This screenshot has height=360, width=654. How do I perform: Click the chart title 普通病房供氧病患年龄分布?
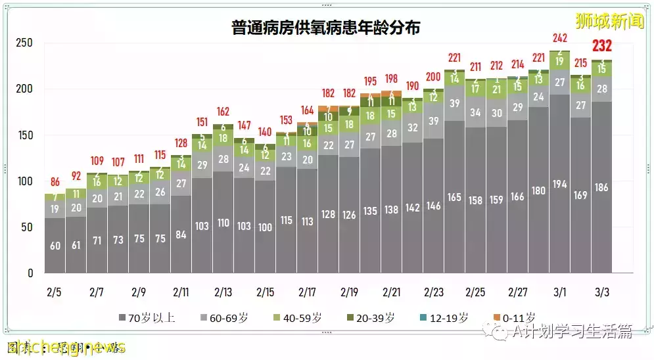point(327,28)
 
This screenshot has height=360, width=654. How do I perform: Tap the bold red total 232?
point(602,46)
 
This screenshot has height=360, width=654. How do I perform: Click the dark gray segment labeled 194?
point(560,183)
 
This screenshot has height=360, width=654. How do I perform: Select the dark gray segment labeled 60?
point(55,246)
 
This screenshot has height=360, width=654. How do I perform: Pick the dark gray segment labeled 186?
point(602,187)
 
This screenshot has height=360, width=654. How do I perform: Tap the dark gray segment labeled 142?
point(413,208)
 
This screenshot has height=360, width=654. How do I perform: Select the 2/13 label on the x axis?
point(223,291)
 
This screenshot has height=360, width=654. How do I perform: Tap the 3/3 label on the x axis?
point(601,291)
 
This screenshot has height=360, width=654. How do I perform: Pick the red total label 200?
point(434,76)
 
